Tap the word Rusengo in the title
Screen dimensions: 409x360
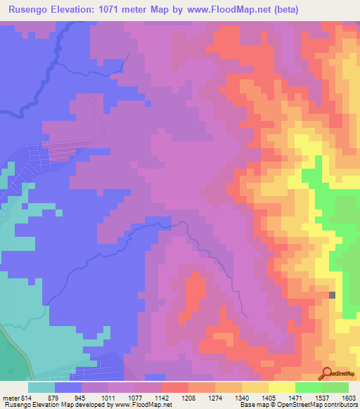pos(27,9)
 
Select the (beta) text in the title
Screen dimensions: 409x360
pos(285,9)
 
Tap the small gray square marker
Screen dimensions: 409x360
pos(333,295)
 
